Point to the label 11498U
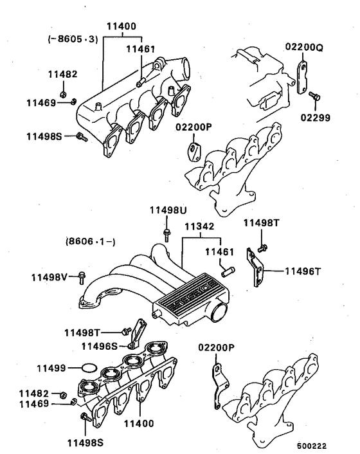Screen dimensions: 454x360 pyautogui.click(x=168, y=211)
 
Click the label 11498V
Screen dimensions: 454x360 pyautogui.click(x=50, y=277)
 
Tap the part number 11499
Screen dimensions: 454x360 pyautogui.click(x=51, y=368)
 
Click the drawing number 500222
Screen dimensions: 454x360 pyautogui.click(x=312, y=445)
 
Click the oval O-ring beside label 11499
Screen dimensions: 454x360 pyautogui.click(x=87, y=368)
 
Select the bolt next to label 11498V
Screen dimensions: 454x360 pyautogui.click(x=80, y=277)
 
